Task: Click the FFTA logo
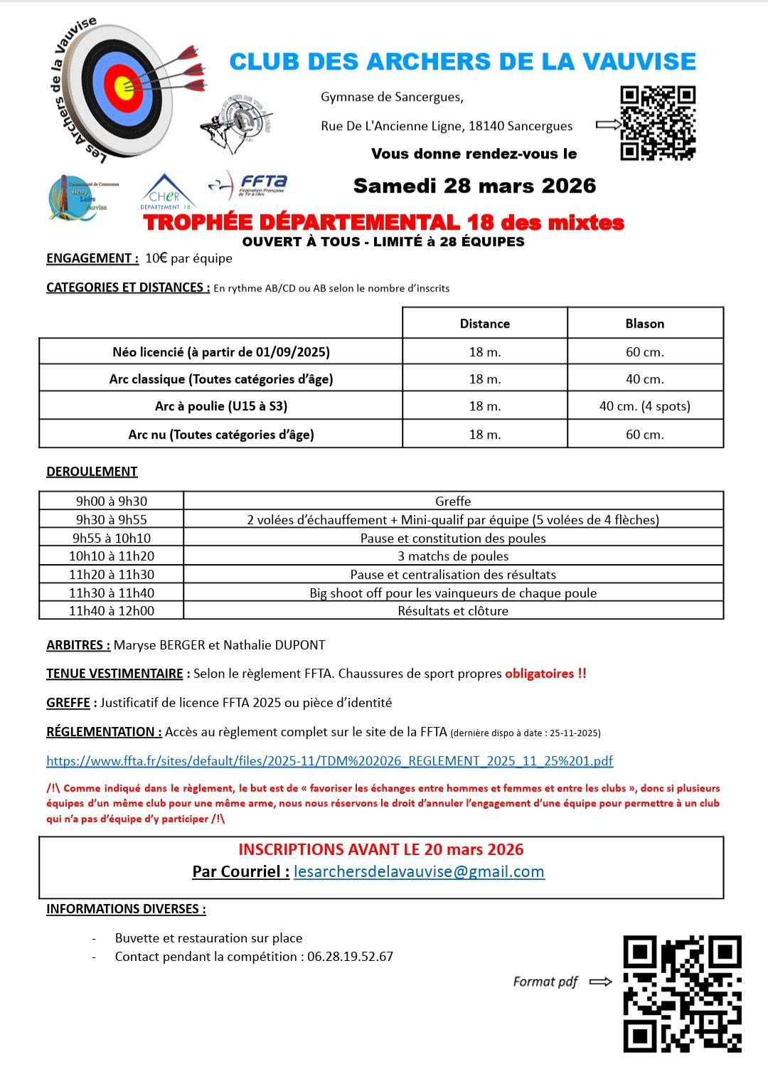247,185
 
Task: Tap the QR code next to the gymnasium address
658,123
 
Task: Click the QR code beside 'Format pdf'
682,994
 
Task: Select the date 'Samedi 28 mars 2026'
474,186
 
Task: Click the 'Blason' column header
644,324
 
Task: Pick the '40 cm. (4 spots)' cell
644,406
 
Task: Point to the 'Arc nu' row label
220,434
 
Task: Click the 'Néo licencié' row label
220,351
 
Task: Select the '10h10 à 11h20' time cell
112,556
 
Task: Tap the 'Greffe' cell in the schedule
453,501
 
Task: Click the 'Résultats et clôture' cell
453,610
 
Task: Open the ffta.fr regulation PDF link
329,760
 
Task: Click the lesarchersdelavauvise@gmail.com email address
419,871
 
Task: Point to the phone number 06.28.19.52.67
350,957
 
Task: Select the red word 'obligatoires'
540,674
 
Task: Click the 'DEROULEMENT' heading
92,471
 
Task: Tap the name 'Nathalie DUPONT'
274,645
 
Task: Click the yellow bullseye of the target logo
123,86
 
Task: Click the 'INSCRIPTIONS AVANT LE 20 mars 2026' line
380,849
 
